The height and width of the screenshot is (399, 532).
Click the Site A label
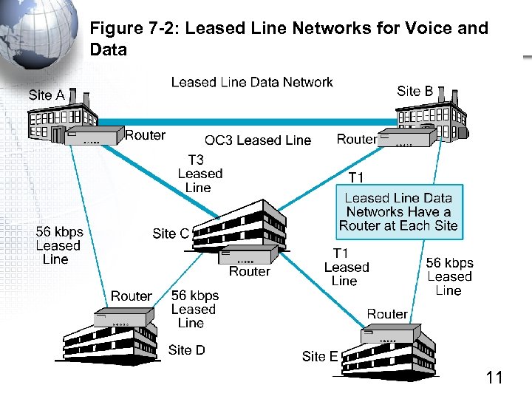point(47,95)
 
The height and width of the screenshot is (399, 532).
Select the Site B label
point(415,91)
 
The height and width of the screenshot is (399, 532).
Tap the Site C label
point(171,233)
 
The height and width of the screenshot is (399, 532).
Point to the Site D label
point(186,349)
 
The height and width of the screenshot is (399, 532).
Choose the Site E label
point(319,356)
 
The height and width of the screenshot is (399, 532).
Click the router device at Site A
point(95,136)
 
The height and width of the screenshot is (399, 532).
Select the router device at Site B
point(406,140)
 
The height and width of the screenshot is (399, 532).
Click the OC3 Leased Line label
point(258,140)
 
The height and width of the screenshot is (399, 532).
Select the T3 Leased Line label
point(199,174)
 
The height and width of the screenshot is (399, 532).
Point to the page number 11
point(494,378)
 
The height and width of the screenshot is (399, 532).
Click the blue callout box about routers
point(398,211)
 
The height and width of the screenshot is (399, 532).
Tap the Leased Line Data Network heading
point(252,82)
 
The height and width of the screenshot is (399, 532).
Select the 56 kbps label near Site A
point(59,245)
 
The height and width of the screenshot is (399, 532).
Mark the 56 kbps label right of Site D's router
point(194,309)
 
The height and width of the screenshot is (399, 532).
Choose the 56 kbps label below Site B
point(449,276)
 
